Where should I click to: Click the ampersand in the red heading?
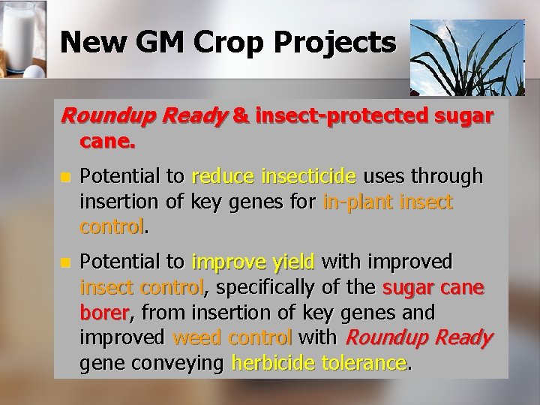click(x=242, y=117)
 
